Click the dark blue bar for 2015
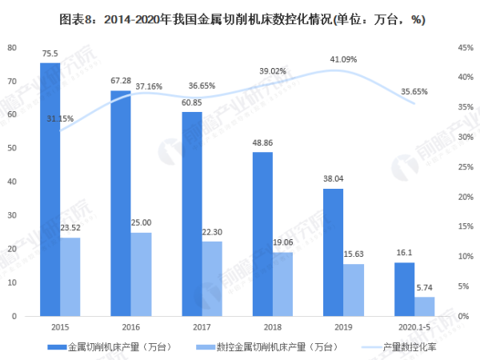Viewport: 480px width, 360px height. pos(50,189)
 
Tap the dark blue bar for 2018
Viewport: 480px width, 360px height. pos(262,234)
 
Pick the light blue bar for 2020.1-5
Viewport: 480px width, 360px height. pos(424,306)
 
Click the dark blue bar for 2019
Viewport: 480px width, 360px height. pos(333,252)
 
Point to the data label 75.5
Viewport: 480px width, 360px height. pos(50,54)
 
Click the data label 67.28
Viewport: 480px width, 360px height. pos(121,82)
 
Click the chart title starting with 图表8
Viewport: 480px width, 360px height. pos(240,19)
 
